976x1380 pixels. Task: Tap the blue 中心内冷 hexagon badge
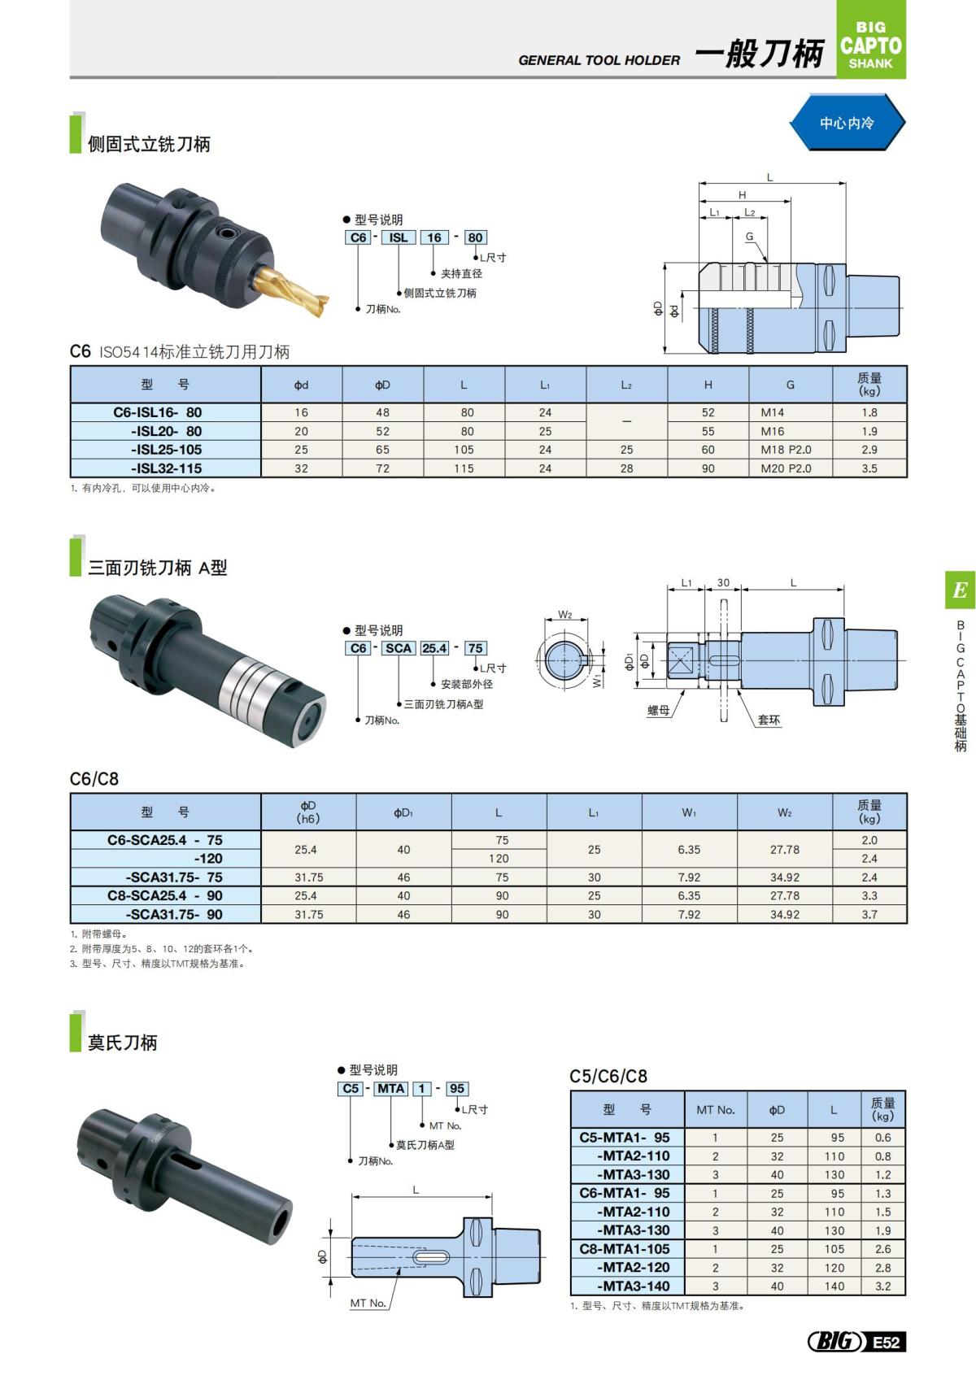pyautogui.click(x=847, y=123)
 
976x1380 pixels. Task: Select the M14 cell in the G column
pyautogui.click(x=773, y=412)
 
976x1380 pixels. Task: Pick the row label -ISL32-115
pyautogui.click(x=166, y=468)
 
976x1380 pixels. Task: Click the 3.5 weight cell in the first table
pyautogui.click(x=869, y=468)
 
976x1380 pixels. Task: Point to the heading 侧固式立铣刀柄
pyautogui.click(x=149, y=145)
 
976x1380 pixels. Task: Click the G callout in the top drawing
pyautogui.click(x=749, y=237)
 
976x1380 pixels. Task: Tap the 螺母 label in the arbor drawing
pyautogui.click(x=658, y=710)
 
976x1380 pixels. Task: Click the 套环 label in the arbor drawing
pyautogui.click(x=769, y=719)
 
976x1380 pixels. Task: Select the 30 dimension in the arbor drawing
pyautogui.click(x=723, y=582)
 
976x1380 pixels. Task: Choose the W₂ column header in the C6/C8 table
pyautogui.click(x=784, y=812)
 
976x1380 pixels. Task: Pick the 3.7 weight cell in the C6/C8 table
pyautogui.click(x=869, y=914)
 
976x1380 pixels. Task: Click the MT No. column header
pyautogui.click(x=715, y=1109)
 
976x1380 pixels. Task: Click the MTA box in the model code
pyautogui.click(x=390, y=1088)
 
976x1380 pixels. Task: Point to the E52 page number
pyautogui.click(x=887, y=1342)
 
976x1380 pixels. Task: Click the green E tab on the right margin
pyautogui.click(x=960, y=590)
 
